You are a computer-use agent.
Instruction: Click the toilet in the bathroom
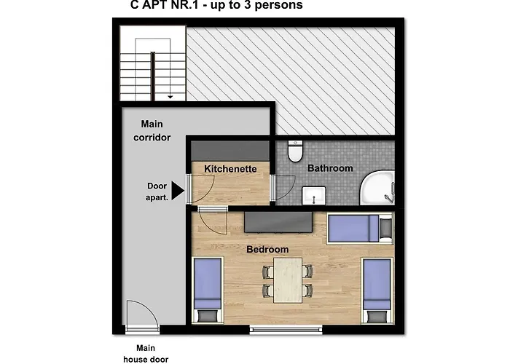pyautogui.click(x=295, y=151)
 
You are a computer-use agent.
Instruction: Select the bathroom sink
pyautogui.click(x=313, y=195)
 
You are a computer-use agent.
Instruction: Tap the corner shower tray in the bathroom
pyautogui.click(x=377, y=188)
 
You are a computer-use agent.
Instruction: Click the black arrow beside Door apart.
pyautogui.click(x=178, y=191)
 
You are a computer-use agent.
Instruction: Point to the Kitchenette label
pyautogui.click(x=230, y=169)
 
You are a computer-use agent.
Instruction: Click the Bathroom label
pyautogui.click(x=330, y=168)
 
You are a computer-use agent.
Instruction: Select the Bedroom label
pyautogui.click(x=267, y=249)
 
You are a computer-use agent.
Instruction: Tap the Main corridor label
pyautogui.click(x=152, y=130)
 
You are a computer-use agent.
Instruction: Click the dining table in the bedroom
pyautogui.click(x=288, y=280)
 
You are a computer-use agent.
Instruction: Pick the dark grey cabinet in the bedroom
pyautogui.click(x=278, y=222)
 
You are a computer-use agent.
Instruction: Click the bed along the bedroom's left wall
pyautogui.click(x=208, y=290)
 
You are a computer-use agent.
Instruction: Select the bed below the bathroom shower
pyautogui.click(x=360, y=228)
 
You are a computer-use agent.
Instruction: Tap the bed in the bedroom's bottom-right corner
pyautogui.click(x=377, y=290)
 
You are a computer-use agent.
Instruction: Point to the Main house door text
pyautogui.click(x=146, y=354)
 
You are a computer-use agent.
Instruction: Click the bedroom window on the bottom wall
pyautogui.click(x=286, y=330)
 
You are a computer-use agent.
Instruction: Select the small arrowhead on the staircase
pyautogui.click(x=170, y=97)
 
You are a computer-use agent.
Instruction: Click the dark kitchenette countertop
pyautogui.click(x=230, y=151)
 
